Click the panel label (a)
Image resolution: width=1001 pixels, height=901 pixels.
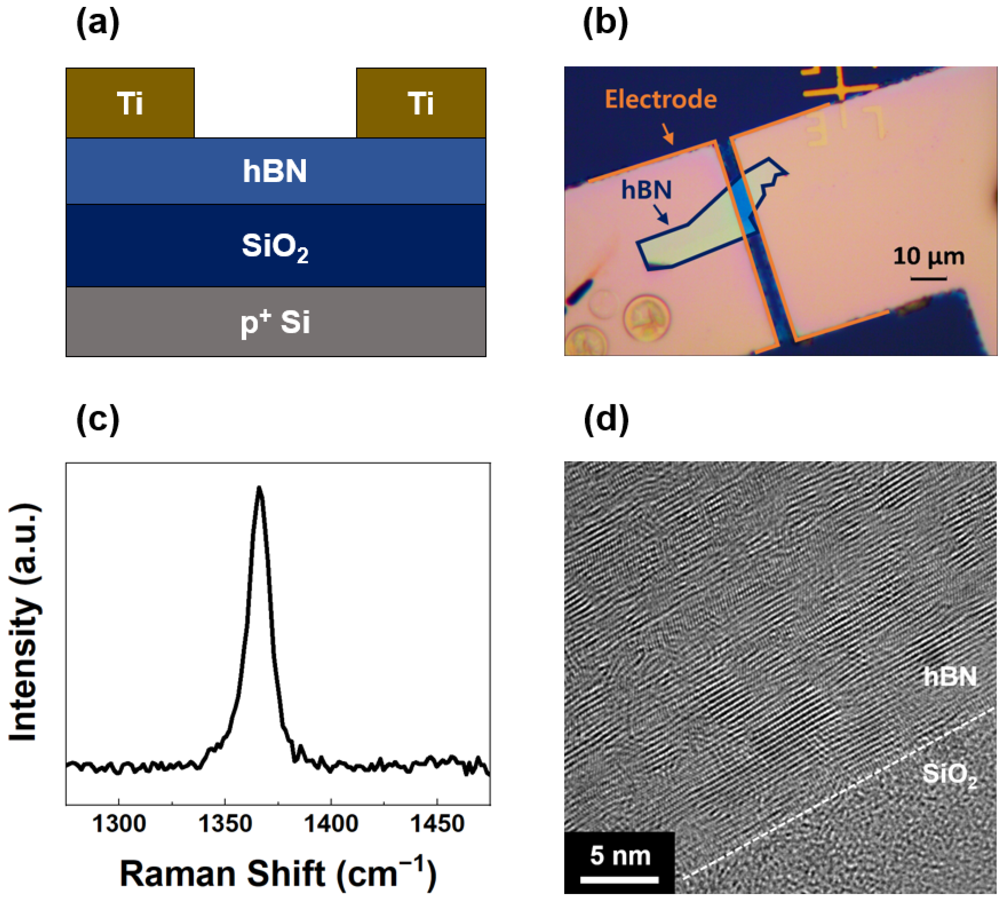tap(97, 24)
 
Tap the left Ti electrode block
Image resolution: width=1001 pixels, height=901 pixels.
tap(130, 103)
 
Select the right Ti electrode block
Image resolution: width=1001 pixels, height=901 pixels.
tap(421, 103)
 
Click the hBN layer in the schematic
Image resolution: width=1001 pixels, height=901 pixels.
tap(275, 171)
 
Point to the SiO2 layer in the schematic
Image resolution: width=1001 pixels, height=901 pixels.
tap(275, 246)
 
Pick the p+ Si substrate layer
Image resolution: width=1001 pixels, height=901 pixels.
tap(275, 322)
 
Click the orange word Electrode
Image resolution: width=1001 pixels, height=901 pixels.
tap(661, 99)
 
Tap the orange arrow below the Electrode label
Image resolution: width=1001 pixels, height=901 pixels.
tap(668, 133)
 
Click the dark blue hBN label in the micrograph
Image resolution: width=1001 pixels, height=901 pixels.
tap(646, 190)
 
